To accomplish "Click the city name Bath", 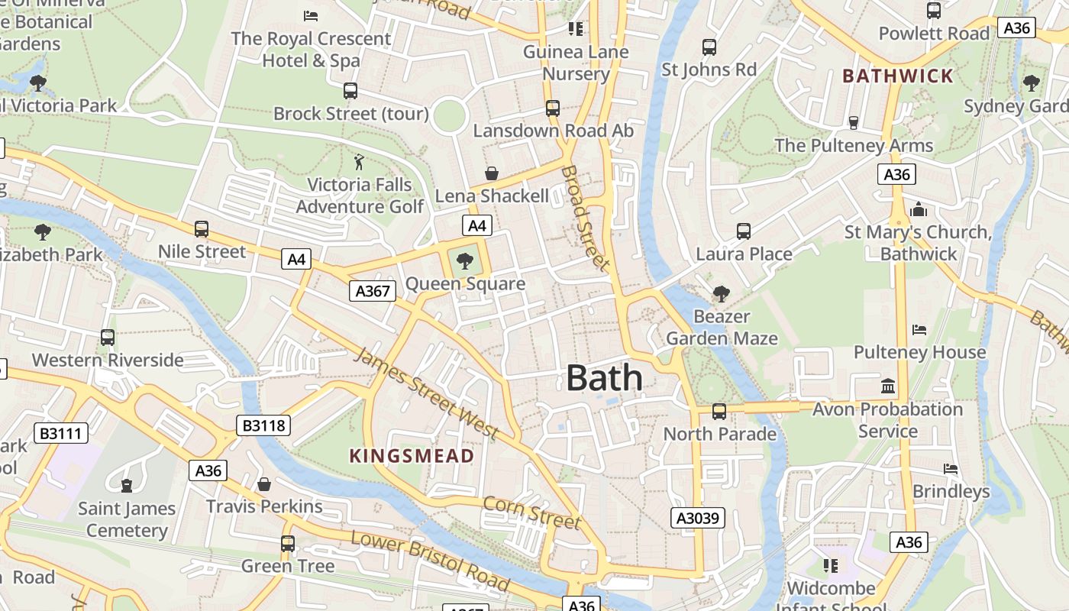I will (604, 378).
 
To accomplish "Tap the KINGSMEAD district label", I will (412, 456).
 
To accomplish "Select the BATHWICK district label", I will (898, 76).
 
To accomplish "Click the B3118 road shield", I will (264, 425).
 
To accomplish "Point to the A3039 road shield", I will (698, 519).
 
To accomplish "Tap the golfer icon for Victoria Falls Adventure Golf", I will (359, 162).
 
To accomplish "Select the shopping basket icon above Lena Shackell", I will (492, 174).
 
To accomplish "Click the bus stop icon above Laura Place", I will (744, 231).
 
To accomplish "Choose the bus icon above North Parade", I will (719, 412).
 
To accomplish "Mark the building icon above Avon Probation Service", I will (887, 386).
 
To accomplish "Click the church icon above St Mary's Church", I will (918, 209).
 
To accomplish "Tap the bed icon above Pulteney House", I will (919, 330).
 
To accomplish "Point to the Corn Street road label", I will (531, 512).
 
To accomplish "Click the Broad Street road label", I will (586, 218).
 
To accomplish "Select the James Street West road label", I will (428, 393).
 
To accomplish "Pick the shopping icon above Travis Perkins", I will (264, 484).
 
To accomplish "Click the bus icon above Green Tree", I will (287, 544).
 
